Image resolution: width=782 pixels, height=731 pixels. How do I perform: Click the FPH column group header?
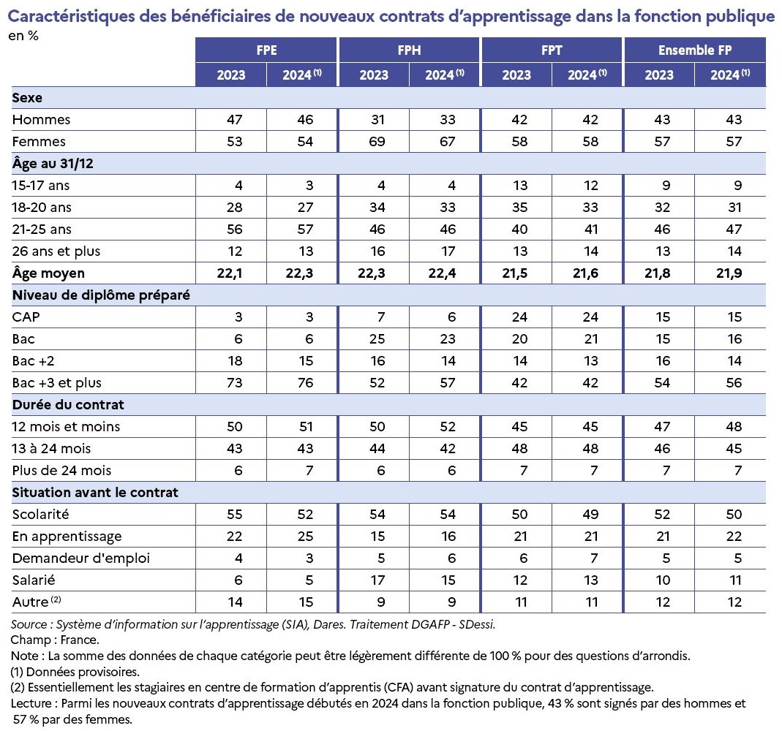tap(409, 50)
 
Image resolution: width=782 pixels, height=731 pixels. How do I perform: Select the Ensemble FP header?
tap(695, 50)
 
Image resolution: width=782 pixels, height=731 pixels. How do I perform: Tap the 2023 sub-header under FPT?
tap(516, 75)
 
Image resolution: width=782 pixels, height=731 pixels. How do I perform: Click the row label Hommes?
tap(41, 120)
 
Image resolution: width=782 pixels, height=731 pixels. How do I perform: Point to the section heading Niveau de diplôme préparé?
tap(101, 295)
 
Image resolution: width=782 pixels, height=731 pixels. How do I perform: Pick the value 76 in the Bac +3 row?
tap(305, 383)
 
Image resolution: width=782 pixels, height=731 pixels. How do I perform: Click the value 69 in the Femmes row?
tap(377, 142)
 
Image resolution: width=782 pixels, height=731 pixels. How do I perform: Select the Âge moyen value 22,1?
tap(230, 273)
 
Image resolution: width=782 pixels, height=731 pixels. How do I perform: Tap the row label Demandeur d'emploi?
tap(80, 558)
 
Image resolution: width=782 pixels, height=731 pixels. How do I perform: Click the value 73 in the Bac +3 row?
tap(234, 383)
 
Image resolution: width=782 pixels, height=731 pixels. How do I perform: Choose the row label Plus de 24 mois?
tap(62, 470)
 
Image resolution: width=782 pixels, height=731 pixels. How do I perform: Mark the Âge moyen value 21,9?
tap(729, 273)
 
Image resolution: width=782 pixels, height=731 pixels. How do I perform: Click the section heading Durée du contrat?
tap(68, 405)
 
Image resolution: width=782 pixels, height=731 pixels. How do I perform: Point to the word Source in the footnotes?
tap(29, 624)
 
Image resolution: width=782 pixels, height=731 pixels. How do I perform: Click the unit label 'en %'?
tap(23, 36)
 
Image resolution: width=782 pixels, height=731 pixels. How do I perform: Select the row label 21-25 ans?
tap(42, 230)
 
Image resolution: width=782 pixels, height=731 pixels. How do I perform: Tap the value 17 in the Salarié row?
tap(377, 580)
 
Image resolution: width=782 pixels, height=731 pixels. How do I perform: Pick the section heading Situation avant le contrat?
tap(95, 492)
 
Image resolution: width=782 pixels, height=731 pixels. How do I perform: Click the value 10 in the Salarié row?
tap(663, 580)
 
